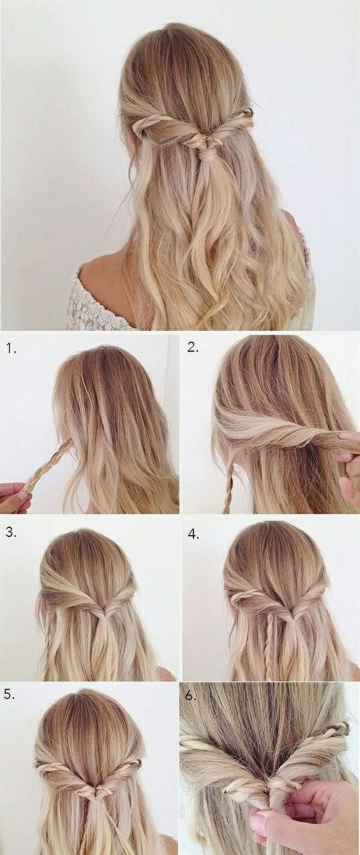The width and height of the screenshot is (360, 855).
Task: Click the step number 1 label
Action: [11, 349]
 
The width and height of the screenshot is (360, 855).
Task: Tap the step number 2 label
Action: [193, 347]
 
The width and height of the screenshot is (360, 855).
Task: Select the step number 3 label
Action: [11, 533]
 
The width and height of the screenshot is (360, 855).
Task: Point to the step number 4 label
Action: [193, 535]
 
